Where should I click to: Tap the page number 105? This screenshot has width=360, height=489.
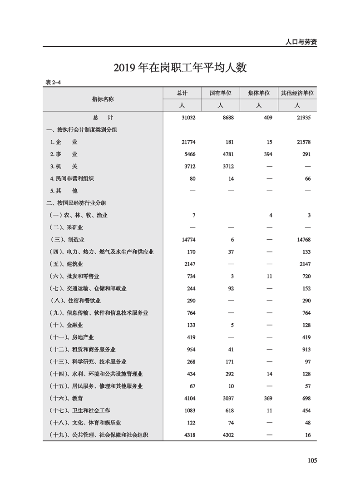(311, 460)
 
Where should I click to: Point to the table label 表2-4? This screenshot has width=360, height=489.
(53, 82)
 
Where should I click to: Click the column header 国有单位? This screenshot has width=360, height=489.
(220, 93)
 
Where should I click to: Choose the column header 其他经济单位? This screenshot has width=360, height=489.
(297, 93)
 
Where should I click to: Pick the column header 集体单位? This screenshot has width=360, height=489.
(259, 93)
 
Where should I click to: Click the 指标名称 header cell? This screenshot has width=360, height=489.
(103, 99)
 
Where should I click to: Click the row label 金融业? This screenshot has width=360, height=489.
(74, 325)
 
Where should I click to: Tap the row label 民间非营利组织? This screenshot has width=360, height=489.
(79, 178)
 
